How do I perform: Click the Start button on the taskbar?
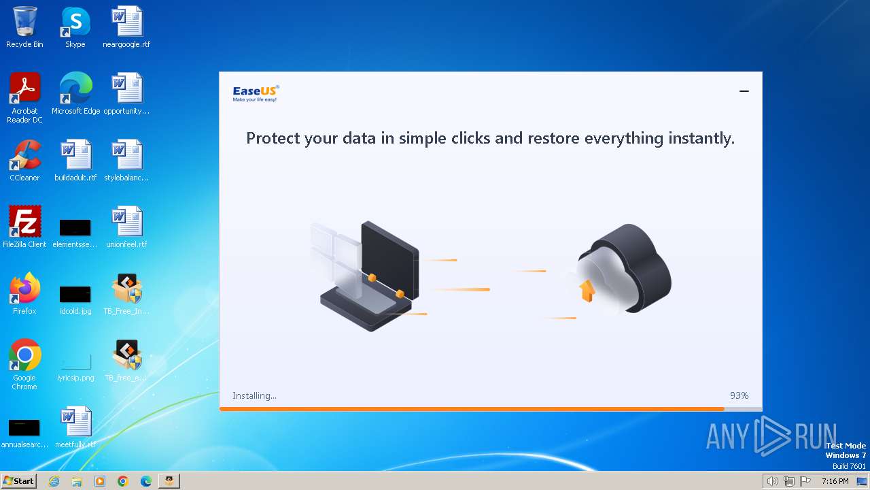[18, 481]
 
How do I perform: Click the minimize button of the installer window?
[744, 91]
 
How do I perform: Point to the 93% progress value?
[739, 395]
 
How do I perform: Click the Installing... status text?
[254, 395]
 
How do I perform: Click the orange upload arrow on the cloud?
[587, 291]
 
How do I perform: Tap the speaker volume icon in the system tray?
[772, 481]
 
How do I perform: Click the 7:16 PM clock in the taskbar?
[835, 481]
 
